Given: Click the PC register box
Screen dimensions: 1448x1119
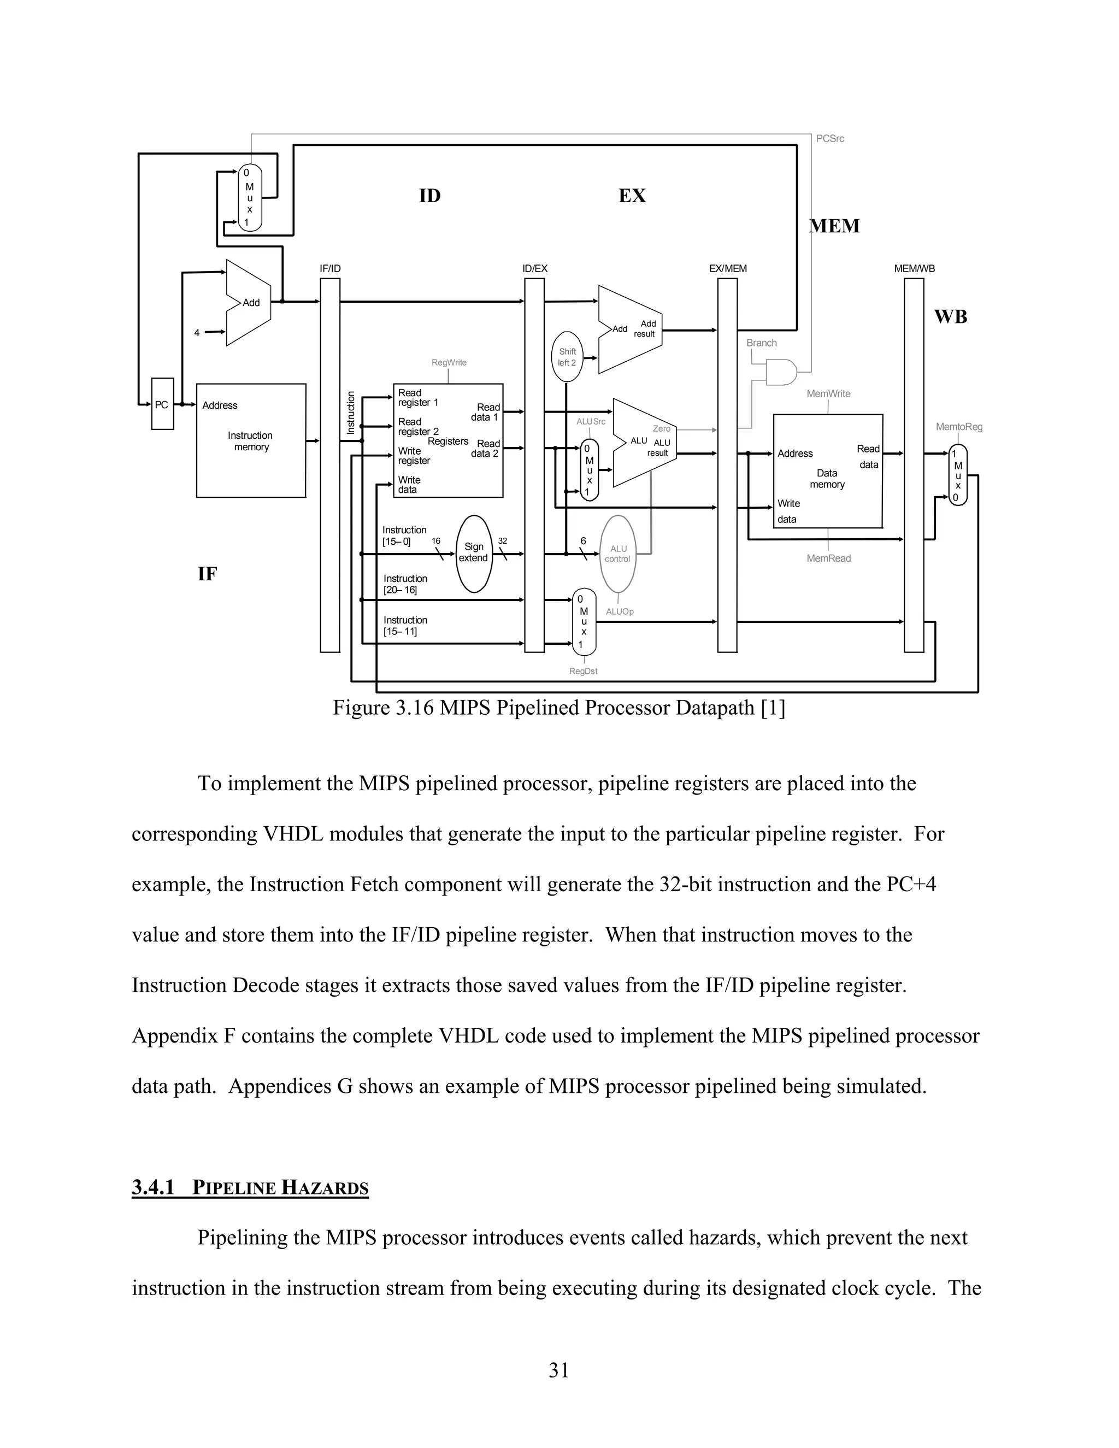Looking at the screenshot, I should coord(162,404).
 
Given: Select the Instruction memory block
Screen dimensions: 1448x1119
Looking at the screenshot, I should coord(251,440).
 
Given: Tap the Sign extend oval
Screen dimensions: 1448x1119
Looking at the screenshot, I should coord(474,553).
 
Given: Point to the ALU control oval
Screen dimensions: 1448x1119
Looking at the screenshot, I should coord(618,554).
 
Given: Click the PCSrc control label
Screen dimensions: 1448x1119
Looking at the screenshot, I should coord(829,139).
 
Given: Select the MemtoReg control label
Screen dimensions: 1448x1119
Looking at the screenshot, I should coord(958,427).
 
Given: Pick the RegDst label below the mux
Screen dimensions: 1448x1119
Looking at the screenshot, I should coord(584,671).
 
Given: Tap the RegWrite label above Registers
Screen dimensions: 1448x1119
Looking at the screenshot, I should coord(449,363).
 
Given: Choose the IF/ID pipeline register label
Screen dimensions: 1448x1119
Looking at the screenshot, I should coord(330,268).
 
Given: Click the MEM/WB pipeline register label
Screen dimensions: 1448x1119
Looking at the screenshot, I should coord(914,268).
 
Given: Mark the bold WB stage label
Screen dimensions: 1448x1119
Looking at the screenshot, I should coord(951,317).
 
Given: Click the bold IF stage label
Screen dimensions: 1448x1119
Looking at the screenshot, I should coord(207,574).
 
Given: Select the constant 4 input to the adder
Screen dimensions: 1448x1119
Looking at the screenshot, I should coord(197,333).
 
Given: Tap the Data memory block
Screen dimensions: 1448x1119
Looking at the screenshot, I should coord(827,470).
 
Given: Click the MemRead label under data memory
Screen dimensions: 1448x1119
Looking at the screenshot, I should coord(829,558).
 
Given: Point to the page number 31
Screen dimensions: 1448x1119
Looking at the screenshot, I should coord(559,1370).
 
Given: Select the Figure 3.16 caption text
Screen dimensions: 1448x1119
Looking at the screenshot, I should coord(558,708).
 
